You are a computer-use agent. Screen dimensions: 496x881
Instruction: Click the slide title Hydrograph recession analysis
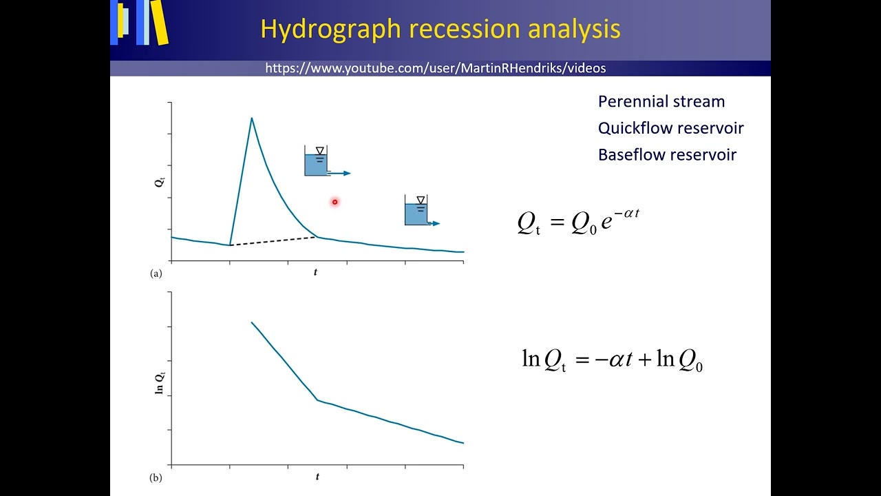tap(440, 29)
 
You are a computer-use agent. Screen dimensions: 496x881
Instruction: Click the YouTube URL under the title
tap(435, 68)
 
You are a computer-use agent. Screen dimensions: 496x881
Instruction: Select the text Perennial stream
tap(661, 101)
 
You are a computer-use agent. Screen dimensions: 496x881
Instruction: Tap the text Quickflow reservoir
tap(670, 128)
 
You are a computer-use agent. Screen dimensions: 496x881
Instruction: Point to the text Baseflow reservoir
tap(667, 155)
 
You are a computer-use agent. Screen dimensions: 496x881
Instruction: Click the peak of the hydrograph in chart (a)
tap(251, 118)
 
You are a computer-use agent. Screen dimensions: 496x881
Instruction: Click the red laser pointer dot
tap(335, 202)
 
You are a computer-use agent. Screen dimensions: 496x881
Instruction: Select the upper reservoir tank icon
tap(317, 162)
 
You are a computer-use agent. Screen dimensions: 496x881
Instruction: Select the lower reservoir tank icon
tap(416, 211)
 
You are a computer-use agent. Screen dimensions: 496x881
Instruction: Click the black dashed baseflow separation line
tap(273, 241)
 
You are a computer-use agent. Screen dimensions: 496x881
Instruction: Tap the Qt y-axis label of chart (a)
tap(159, 183)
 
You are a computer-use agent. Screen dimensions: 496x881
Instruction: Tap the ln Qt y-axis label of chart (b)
tap(159, 382)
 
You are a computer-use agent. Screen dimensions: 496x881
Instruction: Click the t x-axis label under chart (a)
tap(315, 272)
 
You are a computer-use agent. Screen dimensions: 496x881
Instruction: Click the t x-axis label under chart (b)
tap(317, 477)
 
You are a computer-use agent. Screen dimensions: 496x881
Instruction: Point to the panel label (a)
tap(156, 273)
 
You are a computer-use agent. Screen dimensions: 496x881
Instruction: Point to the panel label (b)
tap(156, 477)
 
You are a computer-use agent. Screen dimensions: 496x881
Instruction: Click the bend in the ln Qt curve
tap(317, 400)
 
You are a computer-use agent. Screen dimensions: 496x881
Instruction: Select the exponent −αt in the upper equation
tap(626, 214)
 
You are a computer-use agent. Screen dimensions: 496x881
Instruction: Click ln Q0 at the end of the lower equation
tap(679, 360)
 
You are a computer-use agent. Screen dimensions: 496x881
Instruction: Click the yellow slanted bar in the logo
tap(159, 22)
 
